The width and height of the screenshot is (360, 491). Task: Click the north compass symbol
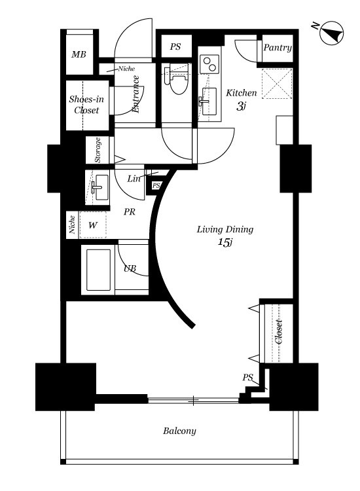[x=331, y=33]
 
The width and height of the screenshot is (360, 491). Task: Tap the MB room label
[x=79, y=54]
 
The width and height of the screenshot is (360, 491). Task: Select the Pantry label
[x=278, y=48]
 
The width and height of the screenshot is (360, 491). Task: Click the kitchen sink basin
[x=209, y=101]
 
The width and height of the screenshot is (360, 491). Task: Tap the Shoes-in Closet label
[x=86, y=105]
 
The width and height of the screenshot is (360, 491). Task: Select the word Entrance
[x=136, y=94]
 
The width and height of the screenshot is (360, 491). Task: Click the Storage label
[x=98, y=150]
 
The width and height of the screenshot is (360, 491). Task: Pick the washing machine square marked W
[x=93, y=225]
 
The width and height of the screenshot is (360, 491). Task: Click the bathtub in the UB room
[x=98, y=270]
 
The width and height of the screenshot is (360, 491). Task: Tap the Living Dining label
[x=225, y=229]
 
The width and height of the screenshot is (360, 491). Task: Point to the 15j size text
[x=225, y=242]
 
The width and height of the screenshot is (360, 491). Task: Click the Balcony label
[x=179, y=431]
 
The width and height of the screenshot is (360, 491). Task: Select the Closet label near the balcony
[x=279, y=332]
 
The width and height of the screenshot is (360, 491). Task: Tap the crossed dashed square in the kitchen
[x=277, y=83]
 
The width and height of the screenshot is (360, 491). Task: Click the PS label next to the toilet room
[x=175, y=47]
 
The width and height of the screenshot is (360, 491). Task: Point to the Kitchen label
[x=242, y=93]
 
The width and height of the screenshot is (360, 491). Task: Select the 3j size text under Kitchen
[x=240, y=107]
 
